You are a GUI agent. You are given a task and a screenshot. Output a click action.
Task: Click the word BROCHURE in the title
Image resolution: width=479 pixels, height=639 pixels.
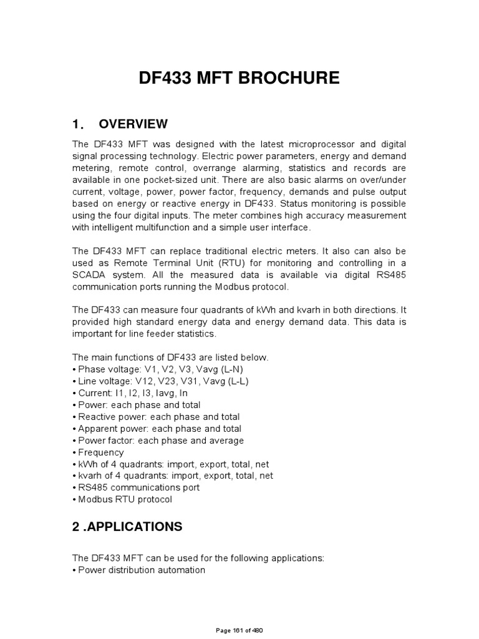click(x=287, y=78)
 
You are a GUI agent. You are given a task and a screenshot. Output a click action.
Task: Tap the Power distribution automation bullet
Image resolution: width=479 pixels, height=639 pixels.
click(x=140, y=570)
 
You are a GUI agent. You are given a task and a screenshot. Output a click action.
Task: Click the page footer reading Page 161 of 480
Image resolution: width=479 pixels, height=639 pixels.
click(x=239, y=631)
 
